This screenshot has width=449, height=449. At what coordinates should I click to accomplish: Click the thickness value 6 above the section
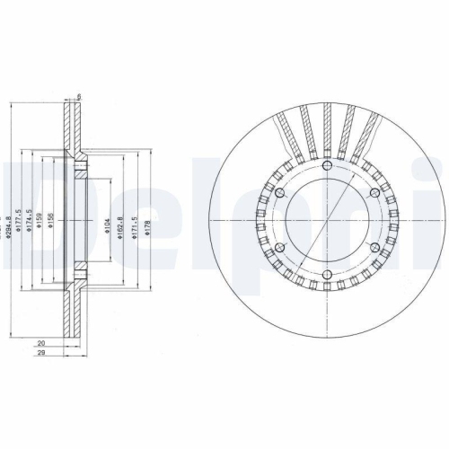(x=79, y=97)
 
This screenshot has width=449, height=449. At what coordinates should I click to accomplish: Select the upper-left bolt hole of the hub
(x=278, y=194)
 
